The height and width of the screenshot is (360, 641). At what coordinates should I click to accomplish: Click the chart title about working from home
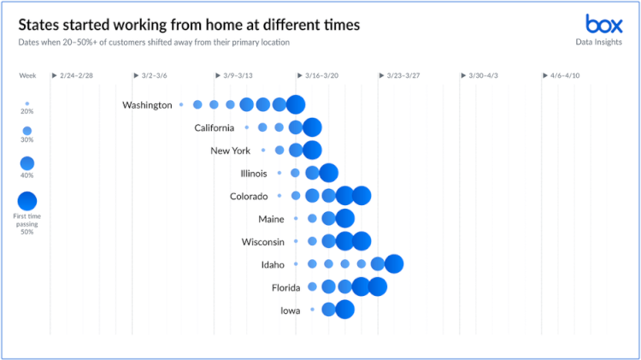(189, 25)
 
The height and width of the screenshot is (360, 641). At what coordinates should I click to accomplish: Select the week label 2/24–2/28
(76, 76)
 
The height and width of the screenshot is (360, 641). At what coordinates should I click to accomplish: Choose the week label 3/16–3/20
(322, 76)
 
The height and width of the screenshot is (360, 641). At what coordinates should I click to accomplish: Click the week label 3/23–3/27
(404, 76)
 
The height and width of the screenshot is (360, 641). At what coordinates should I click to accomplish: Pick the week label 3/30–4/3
(486, 76)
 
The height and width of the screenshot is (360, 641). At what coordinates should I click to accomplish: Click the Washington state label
(147, 105)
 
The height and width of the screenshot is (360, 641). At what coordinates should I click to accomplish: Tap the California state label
(214, 128)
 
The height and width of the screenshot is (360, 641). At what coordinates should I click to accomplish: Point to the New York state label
(230, 151)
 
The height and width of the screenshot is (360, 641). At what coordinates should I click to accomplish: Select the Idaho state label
(273, 265)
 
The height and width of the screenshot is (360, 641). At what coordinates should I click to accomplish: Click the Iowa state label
(290, 310)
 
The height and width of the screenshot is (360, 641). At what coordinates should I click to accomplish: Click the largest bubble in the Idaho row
(394, 264)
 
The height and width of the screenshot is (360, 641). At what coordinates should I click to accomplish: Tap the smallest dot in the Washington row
(181, 104)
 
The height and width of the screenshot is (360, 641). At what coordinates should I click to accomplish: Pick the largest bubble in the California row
(312, 127)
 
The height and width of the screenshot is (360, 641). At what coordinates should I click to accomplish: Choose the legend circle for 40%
(27, 163)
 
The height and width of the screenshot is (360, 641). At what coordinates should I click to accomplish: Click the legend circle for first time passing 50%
(27, 201)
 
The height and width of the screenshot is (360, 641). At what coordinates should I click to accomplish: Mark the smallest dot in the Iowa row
(312, 310)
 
